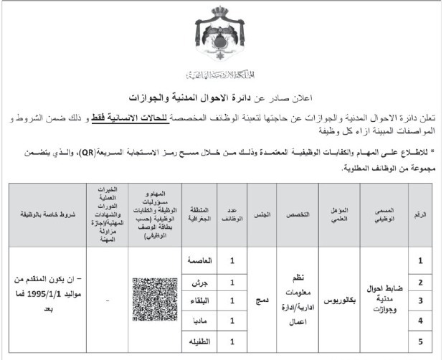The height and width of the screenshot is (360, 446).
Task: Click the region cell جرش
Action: pos(199,282)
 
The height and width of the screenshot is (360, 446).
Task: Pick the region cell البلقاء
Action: pos(199,300)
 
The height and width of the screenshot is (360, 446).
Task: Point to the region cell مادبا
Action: pos(199,318)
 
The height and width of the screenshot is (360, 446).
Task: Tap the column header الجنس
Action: pos(261,214)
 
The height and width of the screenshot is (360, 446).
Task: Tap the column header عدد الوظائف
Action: pos(232,214)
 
